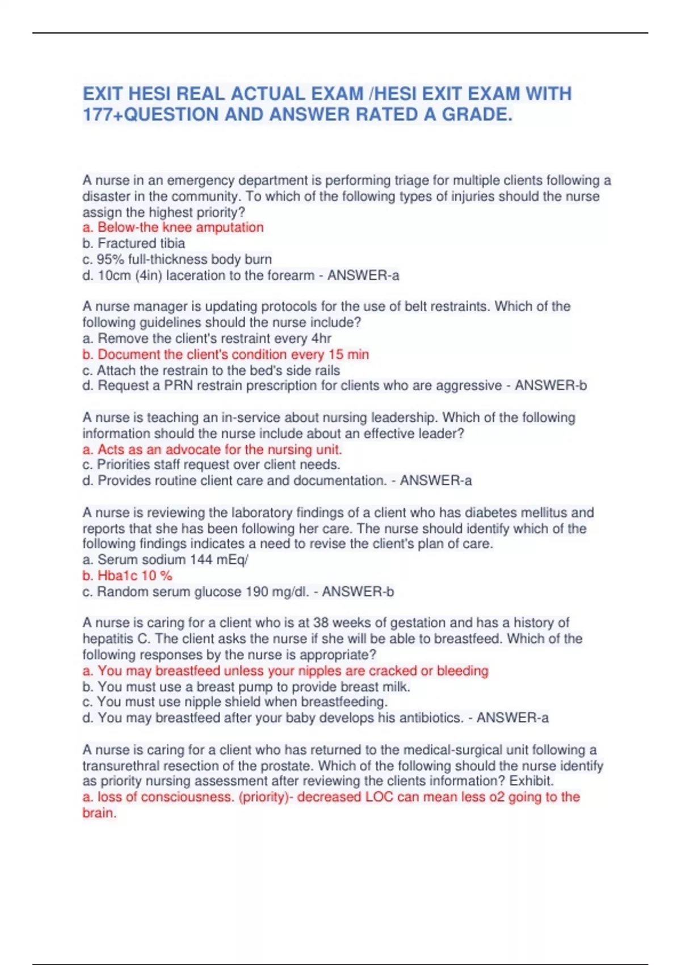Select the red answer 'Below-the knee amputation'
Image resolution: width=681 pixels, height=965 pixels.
(x=173, y=228)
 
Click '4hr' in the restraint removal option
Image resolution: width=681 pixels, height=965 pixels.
(x=321, y=339)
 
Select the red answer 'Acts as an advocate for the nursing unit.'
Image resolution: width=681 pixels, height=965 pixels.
(x=212, y=450)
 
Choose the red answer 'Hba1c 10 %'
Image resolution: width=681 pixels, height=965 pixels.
(x=127, y=576)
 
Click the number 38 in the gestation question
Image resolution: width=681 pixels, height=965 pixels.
(x=321, y=623)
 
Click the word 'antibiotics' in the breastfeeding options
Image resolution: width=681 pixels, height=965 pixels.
(x=431, y=718)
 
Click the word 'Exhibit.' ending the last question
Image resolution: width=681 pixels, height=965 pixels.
(x=531, y=781)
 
